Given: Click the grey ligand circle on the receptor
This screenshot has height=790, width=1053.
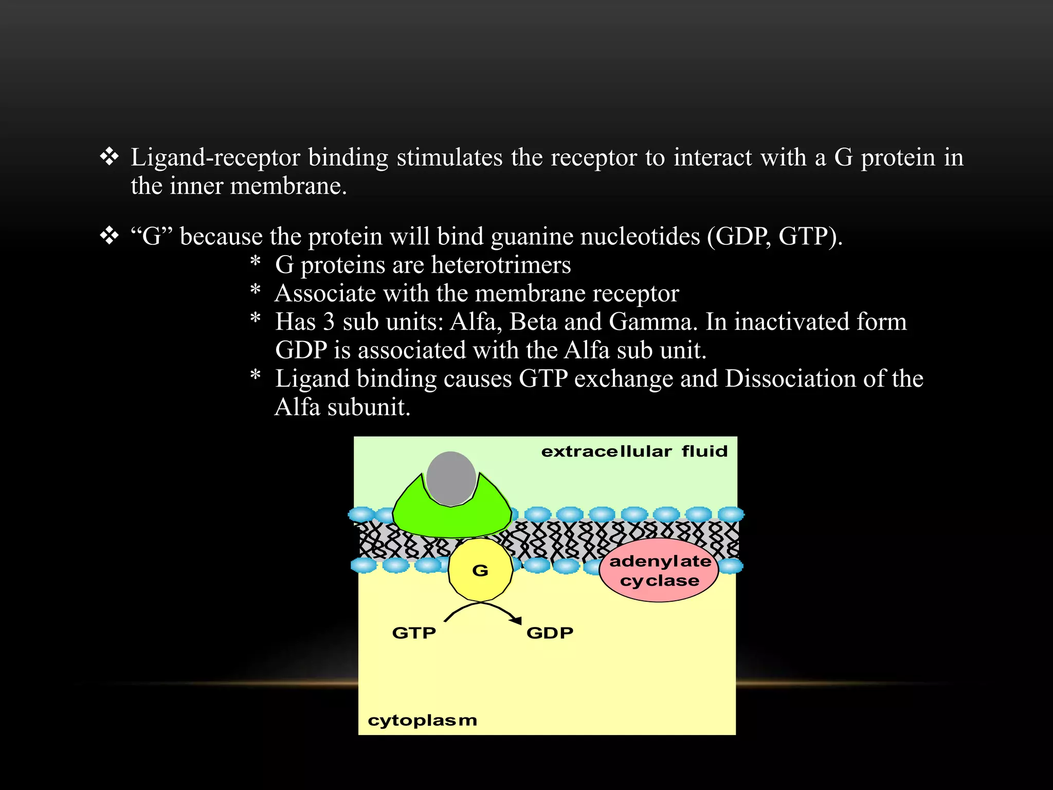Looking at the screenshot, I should click(x=451, y=478).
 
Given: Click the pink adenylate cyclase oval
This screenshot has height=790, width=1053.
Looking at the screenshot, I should click(x=659, y=571).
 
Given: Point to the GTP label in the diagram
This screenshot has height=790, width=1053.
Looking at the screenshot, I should click(x=414, y=633).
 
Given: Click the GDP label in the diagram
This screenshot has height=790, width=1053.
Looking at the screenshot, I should click(x=550, y=633).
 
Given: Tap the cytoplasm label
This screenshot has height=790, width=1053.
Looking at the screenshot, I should click(x=422, y=720).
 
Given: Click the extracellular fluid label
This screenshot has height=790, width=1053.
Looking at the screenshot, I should click(x=634, y=452).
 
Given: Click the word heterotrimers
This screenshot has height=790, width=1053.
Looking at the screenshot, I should click(x=501, y=265).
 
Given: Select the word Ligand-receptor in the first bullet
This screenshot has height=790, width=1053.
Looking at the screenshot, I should click(x=215, y=158).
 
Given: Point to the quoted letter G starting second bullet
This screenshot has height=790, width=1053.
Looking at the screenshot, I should click(x=152, y=237).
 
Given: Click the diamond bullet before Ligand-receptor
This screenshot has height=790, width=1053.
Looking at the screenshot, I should click(x=109, y=157).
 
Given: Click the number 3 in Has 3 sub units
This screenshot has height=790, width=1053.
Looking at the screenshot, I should click(x=329, y=322).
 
